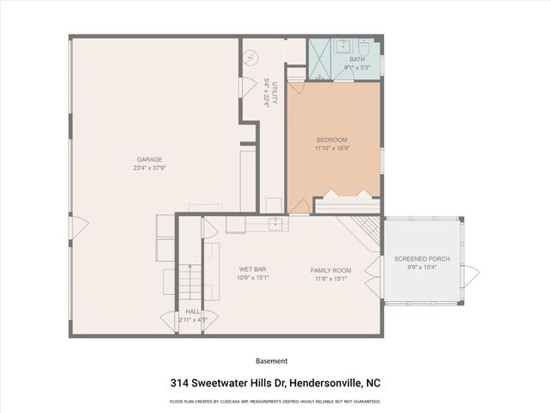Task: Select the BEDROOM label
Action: pyautogui.click(x=331, y=140)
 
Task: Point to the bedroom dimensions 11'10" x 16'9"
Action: pyautogui.click(x=331, y=149)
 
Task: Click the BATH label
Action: pyautogui.click(x=356, y=59)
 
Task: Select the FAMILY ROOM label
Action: pyautogui.click(x=331, y=270)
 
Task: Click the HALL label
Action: pyautogui.click(x=193, y=312)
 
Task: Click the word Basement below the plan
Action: pyautogui.click(x=272, y=361)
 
